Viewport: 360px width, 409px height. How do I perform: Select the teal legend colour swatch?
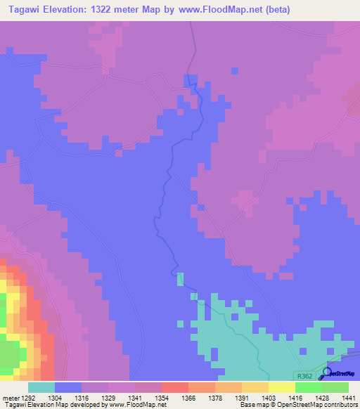tap(41, 387)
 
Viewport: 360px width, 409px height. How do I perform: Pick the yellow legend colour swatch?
tap(281, 387)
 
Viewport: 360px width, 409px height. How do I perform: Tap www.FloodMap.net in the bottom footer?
tap(134, 405)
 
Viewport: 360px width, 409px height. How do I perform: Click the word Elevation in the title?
tap(74, 10)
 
